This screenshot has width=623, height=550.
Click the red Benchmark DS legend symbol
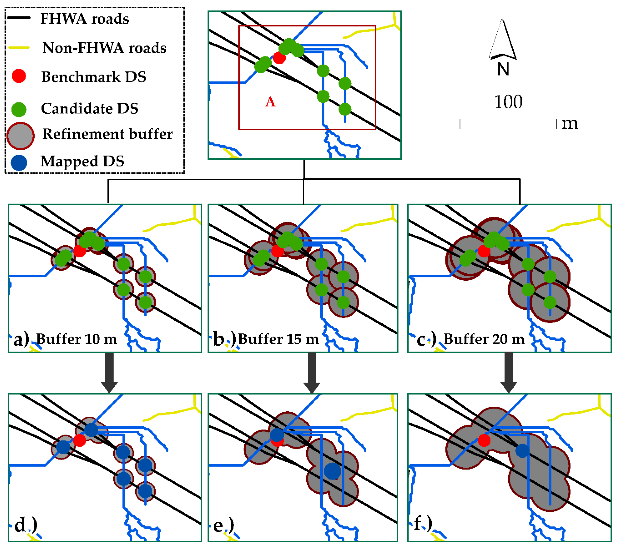[x=19, y=76]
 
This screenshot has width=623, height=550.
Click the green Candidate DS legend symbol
[x=19, y=109]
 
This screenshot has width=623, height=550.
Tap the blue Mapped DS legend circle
[x=19, y=162]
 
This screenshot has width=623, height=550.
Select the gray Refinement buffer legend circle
[x=20, y=136]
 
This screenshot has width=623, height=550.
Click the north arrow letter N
[x=503, y=69]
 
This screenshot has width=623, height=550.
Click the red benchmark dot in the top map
[x=279, y=57]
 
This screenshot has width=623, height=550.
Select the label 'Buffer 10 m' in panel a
[x=76, y=339]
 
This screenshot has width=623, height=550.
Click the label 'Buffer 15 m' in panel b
[x=278, y=339]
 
